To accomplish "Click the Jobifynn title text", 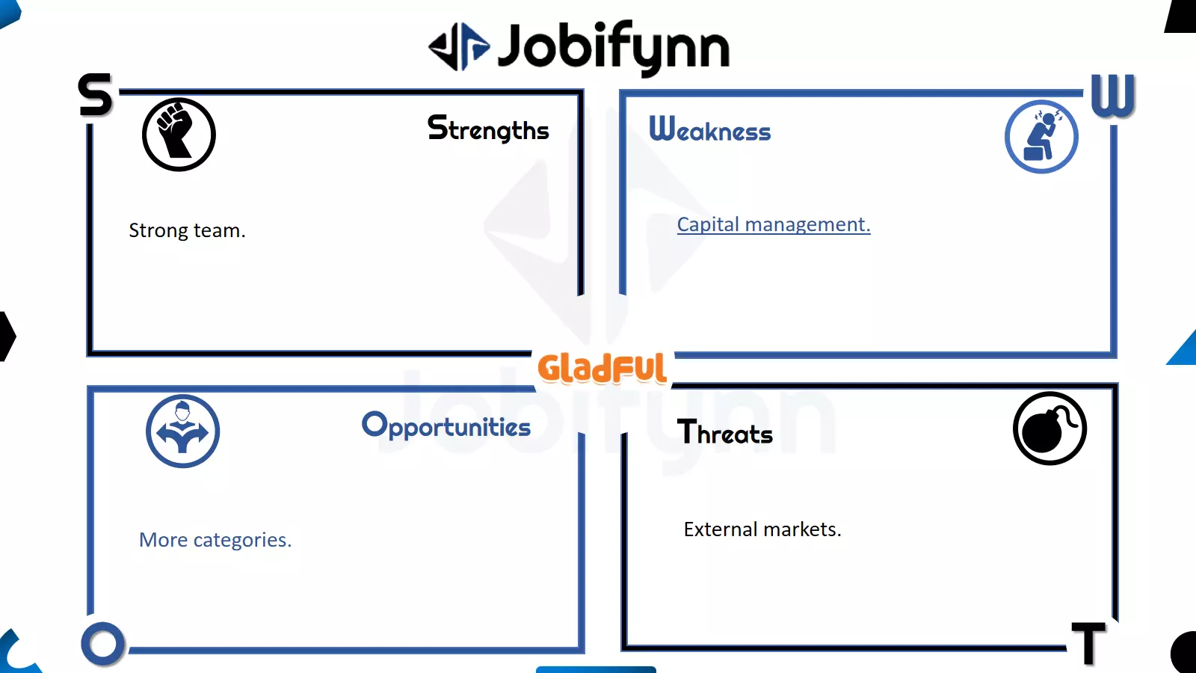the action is point(614,48).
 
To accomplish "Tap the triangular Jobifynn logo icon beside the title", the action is point(459,46).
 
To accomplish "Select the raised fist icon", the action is point(179,134).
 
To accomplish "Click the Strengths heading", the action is point(488,129).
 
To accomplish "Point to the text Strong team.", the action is point(187,230).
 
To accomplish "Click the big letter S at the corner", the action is point(96,94).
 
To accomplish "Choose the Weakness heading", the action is point(710,129).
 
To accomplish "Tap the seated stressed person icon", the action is point(1041,137).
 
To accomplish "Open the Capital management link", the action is point(774,224).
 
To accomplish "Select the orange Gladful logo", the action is point(602,368).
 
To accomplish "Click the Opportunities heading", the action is point(446,425).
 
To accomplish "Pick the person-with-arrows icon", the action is point(182,431).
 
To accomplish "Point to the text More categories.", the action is point(215,540).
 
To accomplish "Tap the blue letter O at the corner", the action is point(103,644).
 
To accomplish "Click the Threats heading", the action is point(724,432).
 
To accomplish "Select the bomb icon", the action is point(1049,428).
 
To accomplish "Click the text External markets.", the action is point(762,529).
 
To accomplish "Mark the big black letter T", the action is point(1088,643).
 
